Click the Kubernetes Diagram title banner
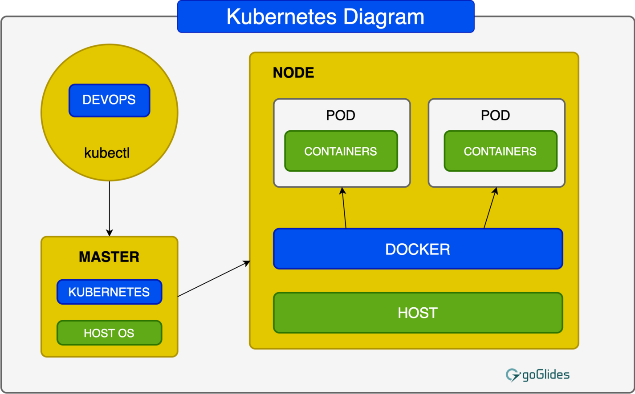pos(326,17)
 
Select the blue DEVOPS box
pos(109,100)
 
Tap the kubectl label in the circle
pos(107,153)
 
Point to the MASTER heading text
pos(109,257)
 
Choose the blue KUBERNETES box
pos(109,292)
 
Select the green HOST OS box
pos(109,333)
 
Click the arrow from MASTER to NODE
pos(214,279)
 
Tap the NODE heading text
pos(293,72)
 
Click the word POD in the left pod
pos(341,115)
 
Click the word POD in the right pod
pos(495,115)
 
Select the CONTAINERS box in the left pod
pos(341,151)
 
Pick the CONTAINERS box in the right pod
pos(500,151)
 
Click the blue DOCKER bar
pos(418,249)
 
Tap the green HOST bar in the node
pos(418,313)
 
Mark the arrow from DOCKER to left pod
pos(344,208)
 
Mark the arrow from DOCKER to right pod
pos(490,208)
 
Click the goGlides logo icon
pos(513,375)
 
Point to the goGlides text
pos(545,375)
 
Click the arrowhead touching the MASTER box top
pos(109,233)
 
